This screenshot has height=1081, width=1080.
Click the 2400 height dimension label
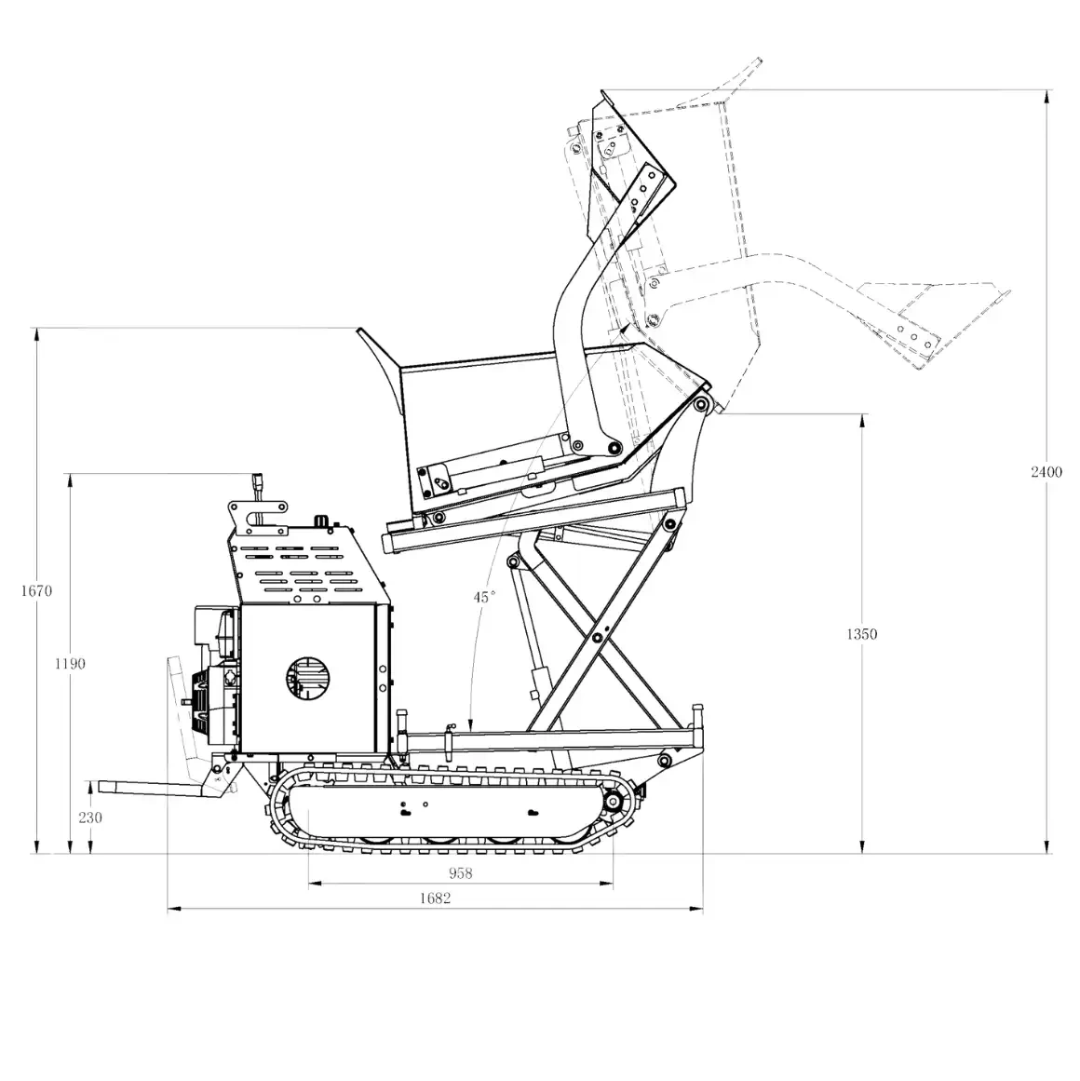(x=1046, y=472)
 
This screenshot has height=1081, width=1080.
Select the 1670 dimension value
(x=34, y=590)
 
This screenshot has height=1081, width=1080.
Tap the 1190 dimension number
(x=69, y=664)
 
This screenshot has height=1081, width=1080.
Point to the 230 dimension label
(x=90, y=818)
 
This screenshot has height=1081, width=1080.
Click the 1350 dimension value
(x=861, y=634)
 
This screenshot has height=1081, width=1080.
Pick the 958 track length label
(x=460, y=873)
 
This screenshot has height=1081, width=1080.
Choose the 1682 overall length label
(x=435, y=899)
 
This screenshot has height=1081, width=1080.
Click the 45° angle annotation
(x=484, y=597)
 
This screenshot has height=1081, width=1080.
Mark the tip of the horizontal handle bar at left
(x=91, y=788)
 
